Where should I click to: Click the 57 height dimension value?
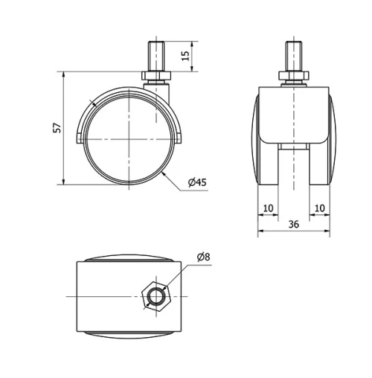pos(57,128)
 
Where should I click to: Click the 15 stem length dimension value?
pos(185,56)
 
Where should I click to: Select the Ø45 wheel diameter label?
pos(197,182)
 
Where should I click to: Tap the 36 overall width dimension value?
pos(294,224)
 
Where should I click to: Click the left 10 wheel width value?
pos(268,208)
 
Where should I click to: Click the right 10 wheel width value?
pos(319,208)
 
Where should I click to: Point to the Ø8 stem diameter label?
pos(204,257)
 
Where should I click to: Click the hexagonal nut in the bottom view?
pos(156,296)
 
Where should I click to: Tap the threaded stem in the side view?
pos(156,57)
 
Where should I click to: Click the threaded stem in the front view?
pos(294,57)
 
